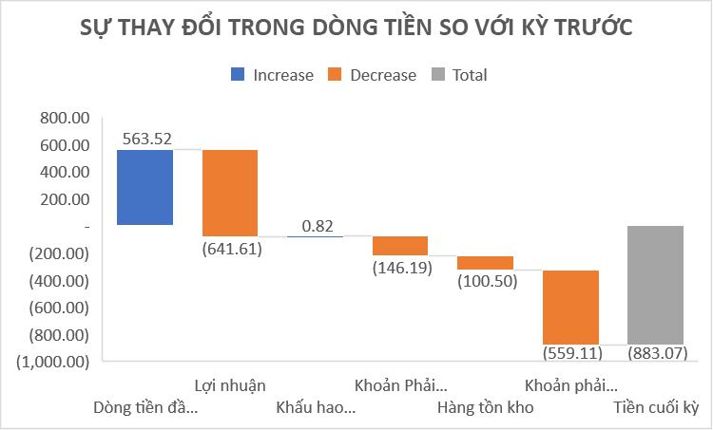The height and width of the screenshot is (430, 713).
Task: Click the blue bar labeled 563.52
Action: pyautogui.click(x=145, y=187)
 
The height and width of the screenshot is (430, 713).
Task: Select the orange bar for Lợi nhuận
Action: pyautogui.click(x=229, y=193)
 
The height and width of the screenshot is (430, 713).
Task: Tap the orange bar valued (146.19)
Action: pyautogui.click(x=399, y=246)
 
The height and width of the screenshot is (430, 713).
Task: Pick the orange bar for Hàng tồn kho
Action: pyautogui.click(x=485, y=263)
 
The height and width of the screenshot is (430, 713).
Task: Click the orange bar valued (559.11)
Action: pyautogui.click(x=569, y=308)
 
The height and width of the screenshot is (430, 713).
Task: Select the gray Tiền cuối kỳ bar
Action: pyautogui.click(x=655, y=285)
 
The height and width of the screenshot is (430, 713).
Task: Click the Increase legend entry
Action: pyautogui.click(x=272, y=75)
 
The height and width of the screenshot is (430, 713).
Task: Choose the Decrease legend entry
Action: pyautogui.click(x=372, y=75)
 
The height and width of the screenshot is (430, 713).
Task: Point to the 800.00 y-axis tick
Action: pyautogui.click(x=60, y=119)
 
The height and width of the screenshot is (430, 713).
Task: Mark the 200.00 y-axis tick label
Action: pyautogui.click(x=60, y=200)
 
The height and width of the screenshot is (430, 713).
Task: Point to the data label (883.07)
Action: pyautogui.click(x=654, y=353)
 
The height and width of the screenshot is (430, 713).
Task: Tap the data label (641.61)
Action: pyautogui.click(x=229, y=248)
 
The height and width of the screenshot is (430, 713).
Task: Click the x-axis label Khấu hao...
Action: pyautogui.click(x=316, y=408)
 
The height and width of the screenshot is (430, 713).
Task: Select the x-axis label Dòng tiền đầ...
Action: pyautogui.click(x=146, y=408)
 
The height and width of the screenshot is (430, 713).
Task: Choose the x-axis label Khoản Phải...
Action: pyautogui.click(x=400, y=385)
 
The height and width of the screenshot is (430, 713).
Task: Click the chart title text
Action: pyautogui.click(x=356, y=27)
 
